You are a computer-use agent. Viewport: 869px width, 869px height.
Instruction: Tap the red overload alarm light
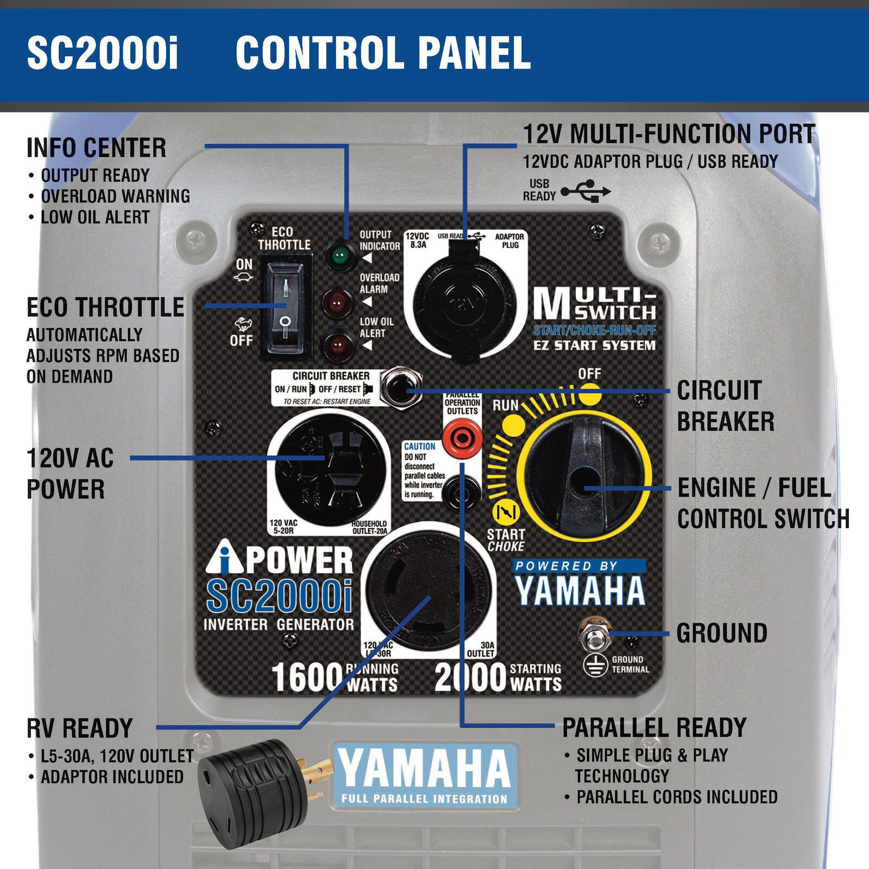[x=337, y=302]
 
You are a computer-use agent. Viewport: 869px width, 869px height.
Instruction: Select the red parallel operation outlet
[x=462, y=437]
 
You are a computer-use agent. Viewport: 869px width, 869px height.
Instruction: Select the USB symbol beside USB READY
[x=586, y=192]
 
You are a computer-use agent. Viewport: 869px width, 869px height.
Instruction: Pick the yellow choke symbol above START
[x=506, y=512]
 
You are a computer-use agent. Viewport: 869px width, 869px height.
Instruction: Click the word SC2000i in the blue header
[x=103, y=53]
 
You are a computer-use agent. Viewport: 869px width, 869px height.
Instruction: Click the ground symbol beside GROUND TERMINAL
[x=595, y=666]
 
